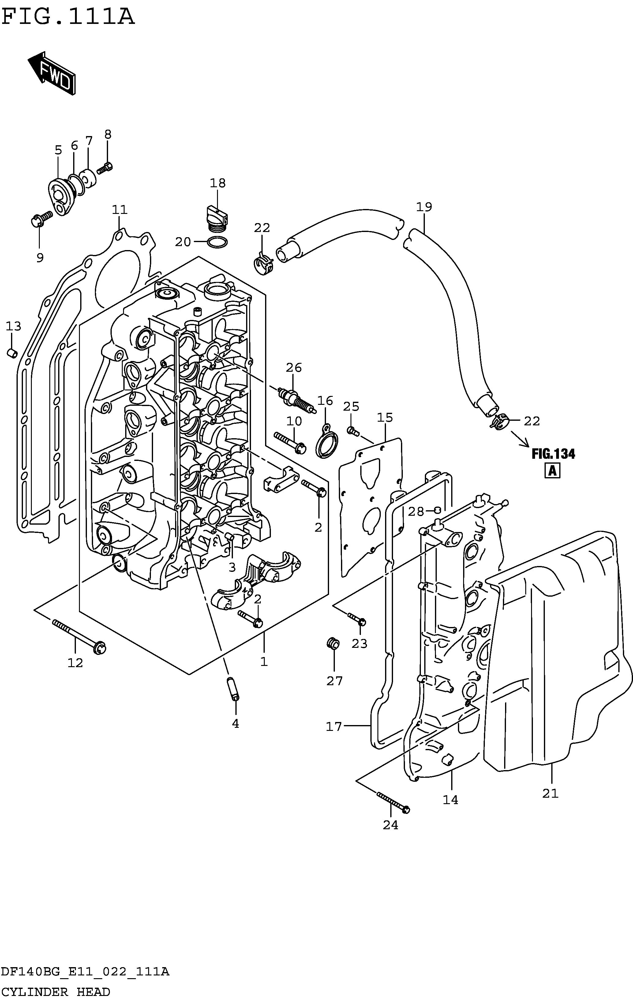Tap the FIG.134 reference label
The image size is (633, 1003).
click(x=553, y=454)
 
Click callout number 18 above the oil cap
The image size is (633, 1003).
click(x=217, y=183)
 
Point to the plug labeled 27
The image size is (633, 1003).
click(x=333, y=643)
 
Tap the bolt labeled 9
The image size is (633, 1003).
click(x=42, y=219)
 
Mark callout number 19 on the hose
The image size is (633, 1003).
click(x=424, y=207)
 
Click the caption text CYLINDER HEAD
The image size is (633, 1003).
click(x=56, y=992)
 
